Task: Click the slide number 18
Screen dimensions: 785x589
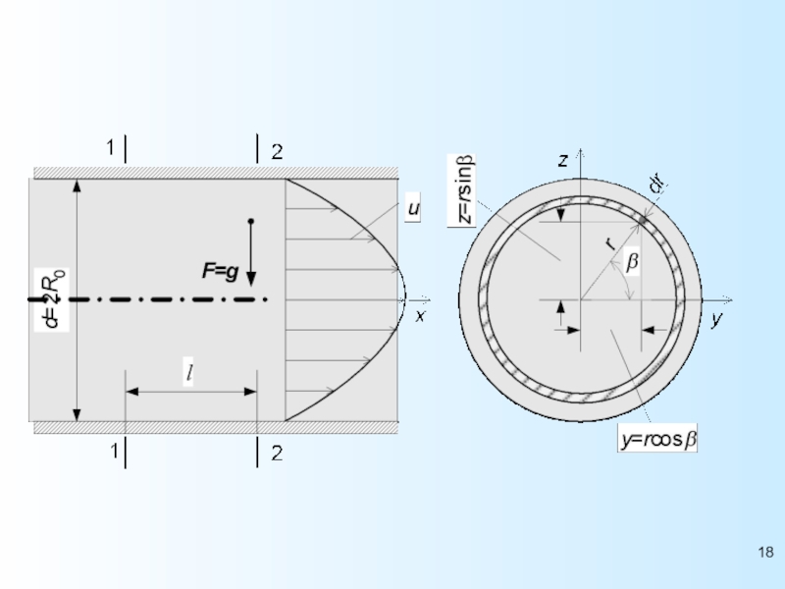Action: pyautogui.click(x=766, y=552)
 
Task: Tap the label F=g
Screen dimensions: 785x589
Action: pyautogui.click(x=220, y=271)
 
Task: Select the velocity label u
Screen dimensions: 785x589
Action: pyautogui.click(x=413, y=207)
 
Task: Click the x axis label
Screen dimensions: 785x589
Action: pyautogui.click(x=421, y=316)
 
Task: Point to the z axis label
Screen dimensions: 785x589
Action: pyautogui.click(x=563, y=160)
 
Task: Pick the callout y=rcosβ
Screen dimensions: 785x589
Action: pyautogui.click(x=657, y=439)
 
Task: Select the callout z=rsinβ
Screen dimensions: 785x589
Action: pyautogui.click(x=461, y=190)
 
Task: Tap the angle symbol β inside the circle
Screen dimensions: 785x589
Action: pyautogui.click(x=632, y=261)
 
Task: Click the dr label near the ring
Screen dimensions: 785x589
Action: pyautogui.click(x=656, y=184)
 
